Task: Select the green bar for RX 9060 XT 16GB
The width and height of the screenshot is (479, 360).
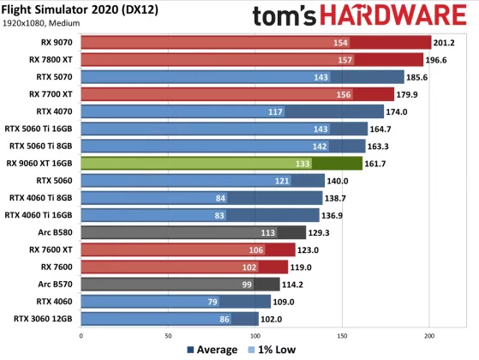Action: click(222, 163)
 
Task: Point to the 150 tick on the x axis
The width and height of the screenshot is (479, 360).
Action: click(342, 335)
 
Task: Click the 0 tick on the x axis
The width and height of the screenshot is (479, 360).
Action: click(81, 335)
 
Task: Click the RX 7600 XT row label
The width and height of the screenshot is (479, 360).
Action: click(50, 249)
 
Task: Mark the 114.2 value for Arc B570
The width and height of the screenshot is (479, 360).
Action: click(296, 284)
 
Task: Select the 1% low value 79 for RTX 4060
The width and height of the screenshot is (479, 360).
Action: click(211, 301)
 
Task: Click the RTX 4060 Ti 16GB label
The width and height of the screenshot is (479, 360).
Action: click(42, 214)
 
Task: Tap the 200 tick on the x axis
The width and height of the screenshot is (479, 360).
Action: click(429, 335)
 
